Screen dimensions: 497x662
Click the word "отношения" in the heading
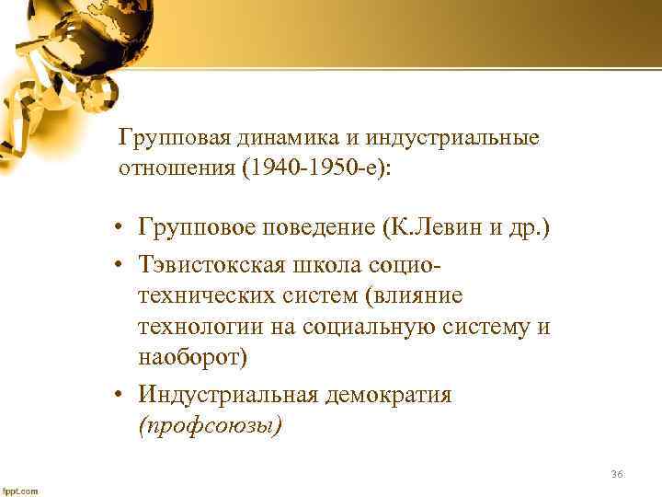(178, 169)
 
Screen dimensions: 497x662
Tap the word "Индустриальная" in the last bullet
(229, 395)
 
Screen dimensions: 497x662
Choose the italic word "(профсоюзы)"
(210, 426)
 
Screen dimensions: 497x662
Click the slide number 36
(616, 474)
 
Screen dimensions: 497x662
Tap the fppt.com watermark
(20, 490)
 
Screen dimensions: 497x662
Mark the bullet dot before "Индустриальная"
(120, 396)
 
